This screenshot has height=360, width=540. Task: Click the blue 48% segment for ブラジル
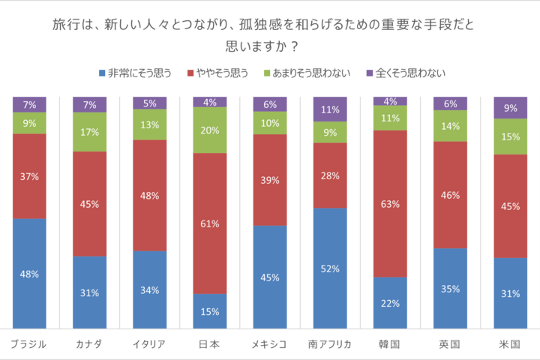29,273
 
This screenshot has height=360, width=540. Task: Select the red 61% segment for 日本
209,223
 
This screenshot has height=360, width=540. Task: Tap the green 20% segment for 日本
209,130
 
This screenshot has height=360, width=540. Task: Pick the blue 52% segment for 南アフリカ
330,268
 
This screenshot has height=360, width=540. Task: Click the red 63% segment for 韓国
390,203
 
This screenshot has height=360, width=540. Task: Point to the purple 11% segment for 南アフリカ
330,109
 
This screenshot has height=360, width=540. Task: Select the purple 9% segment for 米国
510,107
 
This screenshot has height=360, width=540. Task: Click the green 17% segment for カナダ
89,132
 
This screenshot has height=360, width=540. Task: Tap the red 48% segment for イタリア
149,195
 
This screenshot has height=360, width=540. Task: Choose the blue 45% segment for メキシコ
269,277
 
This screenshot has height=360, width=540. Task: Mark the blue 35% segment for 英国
450,288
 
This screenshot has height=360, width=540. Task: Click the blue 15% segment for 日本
209,310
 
